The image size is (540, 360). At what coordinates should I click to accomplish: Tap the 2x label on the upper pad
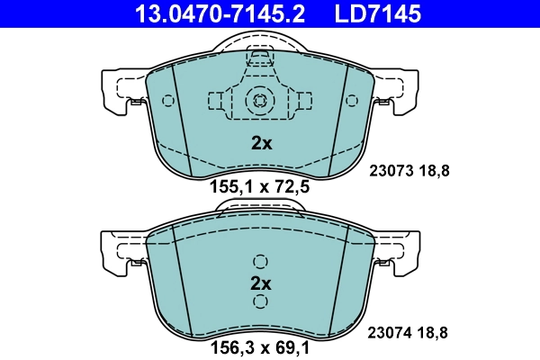coord(260,142)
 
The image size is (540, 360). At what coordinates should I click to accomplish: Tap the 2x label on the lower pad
coord(260,283)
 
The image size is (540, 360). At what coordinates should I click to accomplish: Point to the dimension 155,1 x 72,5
coord(260,189)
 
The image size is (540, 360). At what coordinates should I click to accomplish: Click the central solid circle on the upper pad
coord(260,100)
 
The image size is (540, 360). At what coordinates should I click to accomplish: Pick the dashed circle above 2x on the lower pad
coord(260,262)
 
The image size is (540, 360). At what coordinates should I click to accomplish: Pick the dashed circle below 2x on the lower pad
coord(260,304)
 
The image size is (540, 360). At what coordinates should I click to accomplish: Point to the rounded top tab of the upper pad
coord(260,45)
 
